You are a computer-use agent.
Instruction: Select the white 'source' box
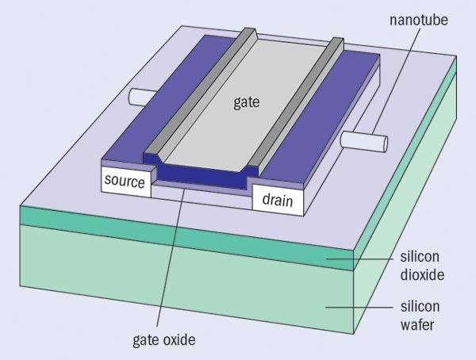click(125, 182)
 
